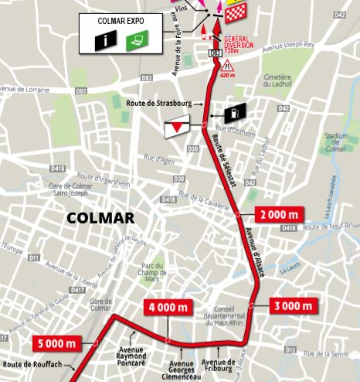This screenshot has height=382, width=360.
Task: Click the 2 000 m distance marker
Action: tap(274, 214)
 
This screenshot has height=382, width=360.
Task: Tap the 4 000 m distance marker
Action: tap(167, 309)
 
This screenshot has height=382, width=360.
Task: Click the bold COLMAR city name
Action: tap(101, 218)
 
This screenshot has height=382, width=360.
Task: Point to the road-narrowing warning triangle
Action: tap(228, 67)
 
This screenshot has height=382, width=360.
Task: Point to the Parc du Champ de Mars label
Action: tap(157, 268)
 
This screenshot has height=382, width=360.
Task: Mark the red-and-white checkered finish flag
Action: tap(231, 10)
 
